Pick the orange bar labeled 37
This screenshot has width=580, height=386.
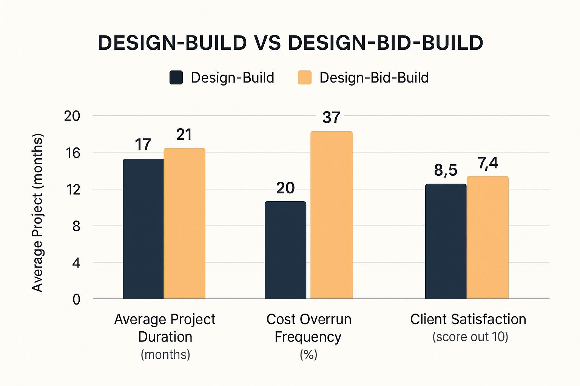click(331, 215)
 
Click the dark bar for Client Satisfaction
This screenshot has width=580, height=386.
click(446, 241)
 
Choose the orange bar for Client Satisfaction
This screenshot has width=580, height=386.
click(487, 237)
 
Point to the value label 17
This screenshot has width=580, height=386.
click(143, 145)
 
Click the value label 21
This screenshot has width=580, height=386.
click(184, 135)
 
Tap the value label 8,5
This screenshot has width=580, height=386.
click(446, 170)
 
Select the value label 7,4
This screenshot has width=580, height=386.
click(488, 163)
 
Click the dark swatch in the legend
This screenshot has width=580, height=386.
click(176, 78)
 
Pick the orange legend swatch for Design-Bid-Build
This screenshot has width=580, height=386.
click(305, 78)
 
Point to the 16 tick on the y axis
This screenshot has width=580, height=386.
click(72, 153)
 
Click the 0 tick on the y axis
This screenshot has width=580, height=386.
click(76, 300)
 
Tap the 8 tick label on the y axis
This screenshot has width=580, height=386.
click(76, 226)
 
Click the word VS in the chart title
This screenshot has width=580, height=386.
click(267, 43)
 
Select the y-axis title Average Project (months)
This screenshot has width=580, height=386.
click(37, 213)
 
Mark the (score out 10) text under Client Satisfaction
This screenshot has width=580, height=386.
click(470, 337)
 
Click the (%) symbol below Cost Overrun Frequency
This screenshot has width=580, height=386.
click(309, 355)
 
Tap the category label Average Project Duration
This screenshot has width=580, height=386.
click(165, 328)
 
